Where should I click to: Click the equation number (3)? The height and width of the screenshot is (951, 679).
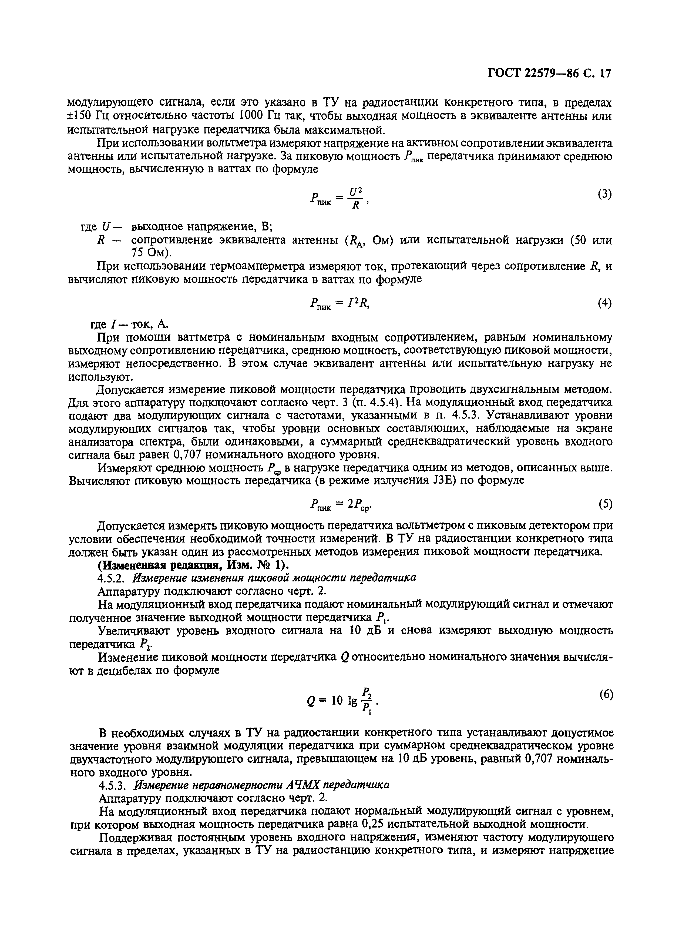click(x=604, y=194)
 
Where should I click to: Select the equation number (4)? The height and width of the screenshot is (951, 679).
click(x=604, y=303)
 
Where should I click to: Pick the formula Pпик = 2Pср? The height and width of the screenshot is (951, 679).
click(x=341, y=505)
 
